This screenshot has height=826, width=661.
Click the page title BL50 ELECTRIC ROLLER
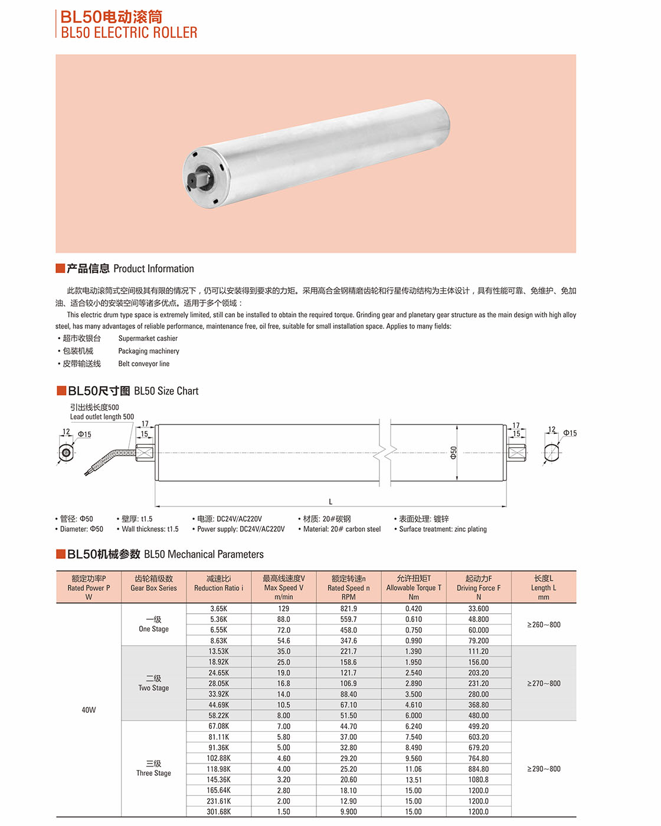pos(129,33)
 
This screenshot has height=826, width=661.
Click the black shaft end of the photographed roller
pos(196,178)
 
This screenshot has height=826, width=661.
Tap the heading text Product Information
pos(153,269)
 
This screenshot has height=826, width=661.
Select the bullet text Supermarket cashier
pos(148,338)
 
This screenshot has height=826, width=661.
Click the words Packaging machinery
pos(149,351)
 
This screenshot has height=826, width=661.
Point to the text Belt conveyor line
pos(143,364)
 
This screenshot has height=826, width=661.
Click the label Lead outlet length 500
pos(102,417)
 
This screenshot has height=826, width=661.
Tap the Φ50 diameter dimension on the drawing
pos(453,453)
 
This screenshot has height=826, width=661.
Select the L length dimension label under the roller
pos(330,502)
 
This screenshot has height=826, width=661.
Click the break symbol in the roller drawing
pos(385,453)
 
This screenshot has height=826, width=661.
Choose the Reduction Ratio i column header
pos(218,588)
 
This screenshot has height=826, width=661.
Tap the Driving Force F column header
pos(479,588)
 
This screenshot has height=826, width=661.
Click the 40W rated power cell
pos(89,710)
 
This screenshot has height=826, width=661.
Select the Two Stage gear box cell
pos(153,683)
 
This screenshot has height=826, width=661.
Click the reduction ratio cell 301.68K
pos(218,812)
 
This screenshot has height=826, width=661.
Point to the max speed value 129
pos(284,608)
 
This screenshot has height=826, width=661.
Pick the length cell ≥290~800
pos(544,769)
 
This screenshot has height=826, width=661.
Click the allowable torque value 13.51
pos(414,779)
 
